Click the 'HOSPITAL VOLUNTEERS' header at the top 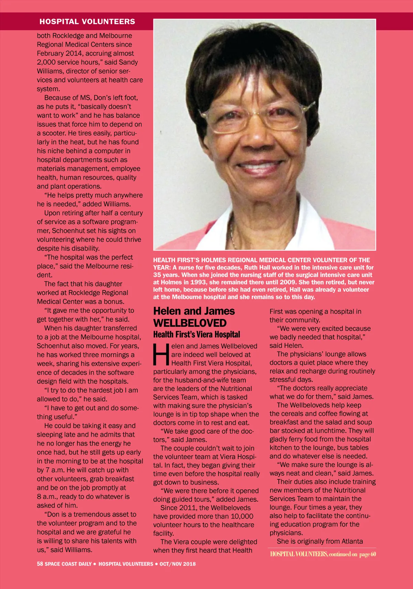click(x=87, y=22)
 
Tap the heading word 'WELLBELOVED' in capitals click(x=190, y=323)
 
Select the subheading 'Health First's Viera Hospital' click(x=197, y=334)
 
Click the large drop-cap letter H click(x=161, y=354)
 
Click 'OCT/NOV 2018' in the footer click(x=178, y=564)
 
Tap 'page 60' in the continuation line click(x=368, y=554)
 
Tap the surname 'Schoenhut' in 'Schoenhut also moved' click(x=53, y=346)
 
